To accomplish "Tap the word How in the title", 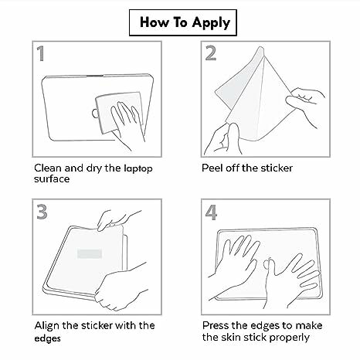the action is pos(155,22).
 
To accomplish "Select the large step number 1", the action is pos(41,53).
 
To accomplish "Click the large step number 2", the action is pos(211,53).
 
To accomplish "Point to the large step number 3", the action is pos(42,212).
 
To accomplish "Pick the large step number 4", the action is pos(211,212).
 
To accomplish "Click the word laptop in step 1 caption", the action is pos(138,169).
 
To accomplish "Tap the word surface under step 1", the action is pos(52,179).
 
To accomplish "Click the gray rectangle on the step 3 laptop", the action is pos(90,253).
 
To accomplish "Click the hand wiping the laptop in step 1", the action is pos(127,124).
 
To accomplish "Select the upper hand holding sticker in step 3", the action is pos(116,219).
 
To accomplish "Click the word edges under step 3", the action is pos(47,338).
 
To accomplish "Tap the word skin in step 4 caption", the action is pos(232,337).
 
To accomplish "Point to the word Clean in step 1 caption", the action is pos(48,168).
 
